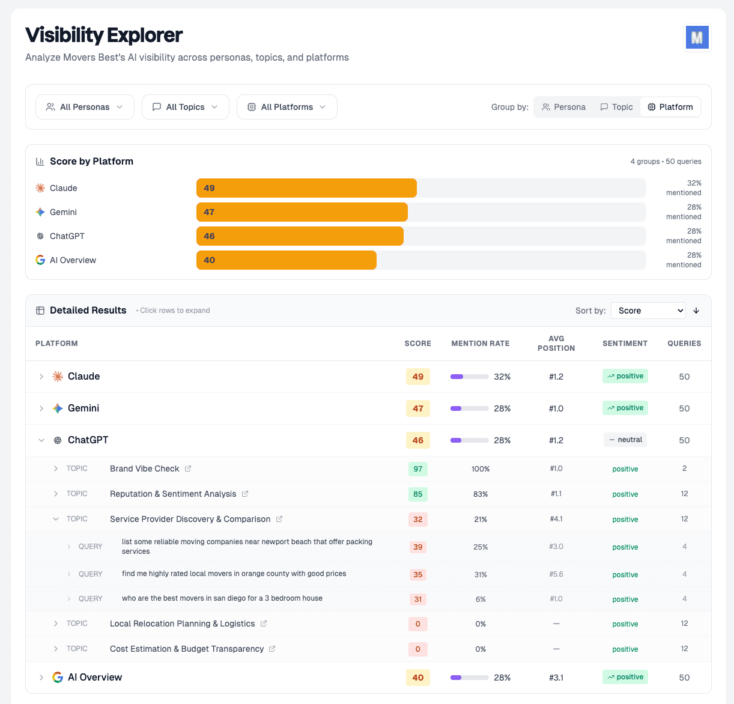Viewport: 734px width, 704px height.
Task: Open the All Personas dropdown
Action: (85, 107)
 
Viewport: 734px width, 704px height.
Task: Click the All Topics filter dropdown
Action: (185, 107)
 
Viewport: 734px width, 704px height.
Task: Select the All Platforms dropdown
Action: (287, 107)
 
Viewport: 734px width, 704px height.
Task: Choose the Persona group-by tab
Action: (563, 107)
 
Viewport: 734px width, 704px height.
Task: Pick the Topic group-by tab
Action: (616, 107)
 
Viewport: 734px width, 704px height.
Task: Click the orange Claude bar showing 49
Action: (306, 188)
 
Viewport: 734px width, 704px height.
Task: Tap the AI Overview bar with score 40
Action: (286, 260)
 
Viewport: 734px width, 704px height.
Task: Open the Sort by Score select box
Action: (648, 311)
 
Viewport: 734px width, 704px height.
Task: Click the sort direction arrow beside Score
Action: (696, 311)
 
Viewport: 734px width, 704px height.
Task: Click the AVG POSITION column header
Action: (556, 344)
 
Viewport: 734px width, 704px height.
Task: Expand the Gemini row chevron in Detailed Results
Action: (41, 408)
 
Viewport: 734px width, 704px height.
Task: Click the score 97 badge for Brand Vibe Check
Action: (418, 469)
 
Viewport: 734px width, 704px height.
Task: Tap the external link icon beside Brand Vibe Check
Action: (188, 469)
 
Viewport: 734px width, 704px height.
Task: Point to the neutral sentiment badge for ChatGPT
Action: (625, 440)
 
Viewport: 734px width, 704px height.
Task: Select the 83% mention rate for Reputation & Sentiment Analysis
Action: (481, 494)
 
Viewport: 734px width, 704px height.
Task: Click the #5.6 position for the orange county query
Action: (556, 574)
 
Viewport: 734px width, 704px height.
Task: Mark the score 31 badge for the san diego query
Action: (418, 599)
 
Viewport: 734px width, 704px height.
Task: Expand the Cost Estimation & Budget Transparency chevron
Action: (56, 649)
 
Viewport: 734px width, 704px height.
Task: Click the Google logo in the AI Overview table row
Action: (58, 678)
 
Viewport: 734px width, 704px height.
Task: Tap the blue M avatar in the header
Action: (697, 37)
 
